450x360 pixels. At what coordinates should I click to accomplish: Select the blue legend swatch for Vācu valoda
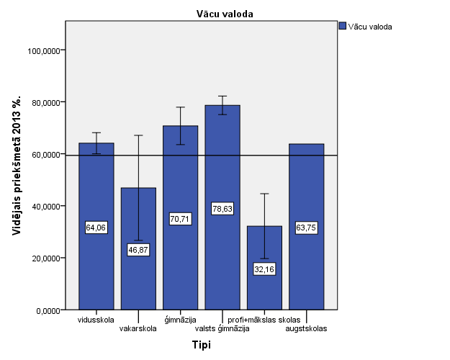click(343, 26)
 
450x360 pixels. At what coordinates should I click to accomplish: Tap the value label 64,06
click(96, 228)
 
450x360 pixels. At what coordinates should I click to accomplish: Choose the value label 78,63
click(222, 208)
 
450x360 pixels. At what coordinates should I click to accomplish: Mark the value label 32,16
click(264, 269)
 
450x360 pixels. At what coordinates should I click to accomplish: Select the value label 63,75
click(306, 228)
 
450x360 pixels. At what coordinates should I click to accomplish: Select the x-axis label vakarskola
click(138, 329)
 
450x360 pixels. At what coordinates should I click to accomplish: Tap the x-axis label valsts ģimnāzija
click(222, 329)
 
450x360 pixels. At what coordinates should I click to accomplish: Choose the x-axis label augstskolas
click(306, 329)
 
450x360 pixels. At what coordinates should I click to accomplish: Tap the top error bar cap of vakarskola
click(138, 135)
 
